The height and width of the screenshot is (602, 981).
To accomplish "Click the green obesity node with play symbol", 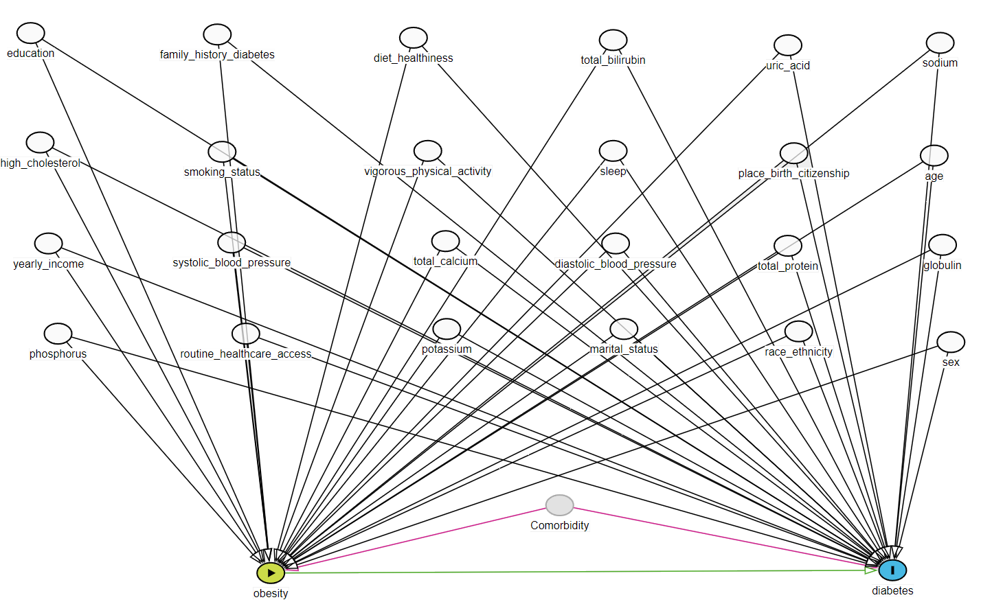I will tap(271, 572).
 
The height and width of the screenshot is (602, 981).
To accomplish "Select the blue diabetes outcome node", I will tap(892, 570).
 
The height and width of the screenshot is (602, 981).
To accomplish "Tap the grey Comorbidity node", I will tap(559, 505).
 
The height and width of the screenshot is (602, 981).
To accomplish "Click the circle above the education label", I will tap(31, 33).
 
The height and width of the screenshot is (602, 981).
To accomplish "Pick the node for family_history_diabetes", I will tap(217, 34).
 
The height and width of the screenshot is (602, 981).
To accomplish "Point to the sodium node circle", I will tap(940, 43).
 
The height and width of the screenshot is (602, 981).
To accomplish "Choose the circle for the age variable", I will tap(934, 156).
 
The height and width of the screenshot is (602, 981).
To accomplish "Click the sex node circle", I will tap(951, 342).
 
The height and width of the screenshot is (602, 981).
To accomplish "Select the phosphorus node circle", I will tap(58, 334).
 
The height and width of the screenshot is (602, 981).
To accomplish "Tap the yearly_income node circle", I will tap(48, 244).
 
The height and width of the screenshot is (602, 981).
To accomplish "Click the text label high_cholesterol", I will tap(41, 163).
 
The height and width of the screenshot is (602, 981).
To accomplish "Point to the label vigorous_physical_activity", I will tap(427, 172).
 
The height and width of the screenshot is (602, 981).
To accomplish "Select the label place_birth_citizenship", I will tap(793, 174).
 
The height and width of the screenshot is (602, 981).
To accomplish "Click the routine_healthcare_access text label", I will tap(245, 354).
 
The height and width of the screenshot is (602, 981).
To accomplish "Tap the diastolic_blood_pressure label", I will tap(615, 264).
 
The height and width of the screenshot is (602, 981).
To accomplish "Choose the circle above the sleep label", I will tap(613, 151).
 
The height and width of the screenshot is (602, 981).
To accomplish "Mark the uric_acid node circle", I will tap(788, 45).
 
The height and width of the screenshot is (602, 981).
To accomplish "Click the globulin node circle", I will tap(943, 245).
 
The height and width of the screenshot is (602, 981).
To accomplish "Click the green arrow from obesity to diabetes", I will tap(577, 571).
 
